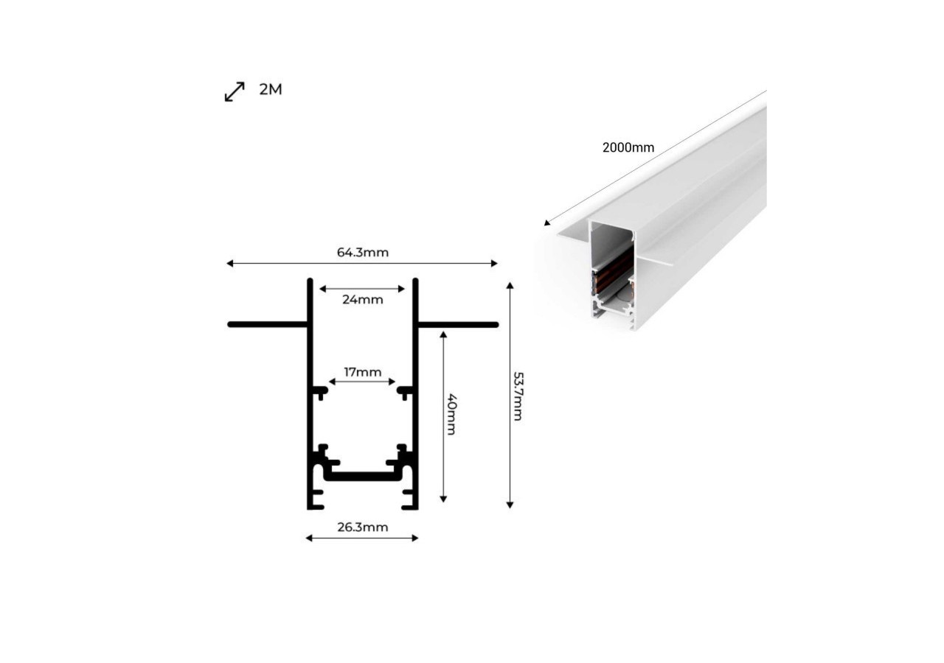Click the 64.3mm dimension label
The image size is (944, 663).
coord(362,253)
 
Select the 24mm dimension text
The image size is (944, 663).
coord(362,300)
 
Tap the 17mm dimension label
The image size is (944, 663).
coord(362,372)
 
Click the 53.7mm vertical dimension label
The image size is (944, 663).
coord(518,396)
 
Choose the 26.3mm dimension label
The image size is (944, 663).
coord(362,527)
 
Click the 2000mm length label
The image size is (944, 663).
coord(628,147)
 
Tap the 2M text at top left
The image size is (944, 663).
coord(271,90)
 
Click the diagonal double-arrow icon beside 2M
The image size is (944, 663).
coord(235,92)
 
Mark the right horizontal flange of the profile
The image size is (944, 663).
coord(457,324)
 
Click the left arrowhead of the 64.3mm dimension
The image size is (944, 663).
coord(230,263)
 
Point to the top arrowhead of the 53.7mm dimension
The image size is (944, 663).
coord(510,285)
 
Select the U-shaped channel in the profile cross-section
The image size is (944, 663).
coord(362,475)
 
